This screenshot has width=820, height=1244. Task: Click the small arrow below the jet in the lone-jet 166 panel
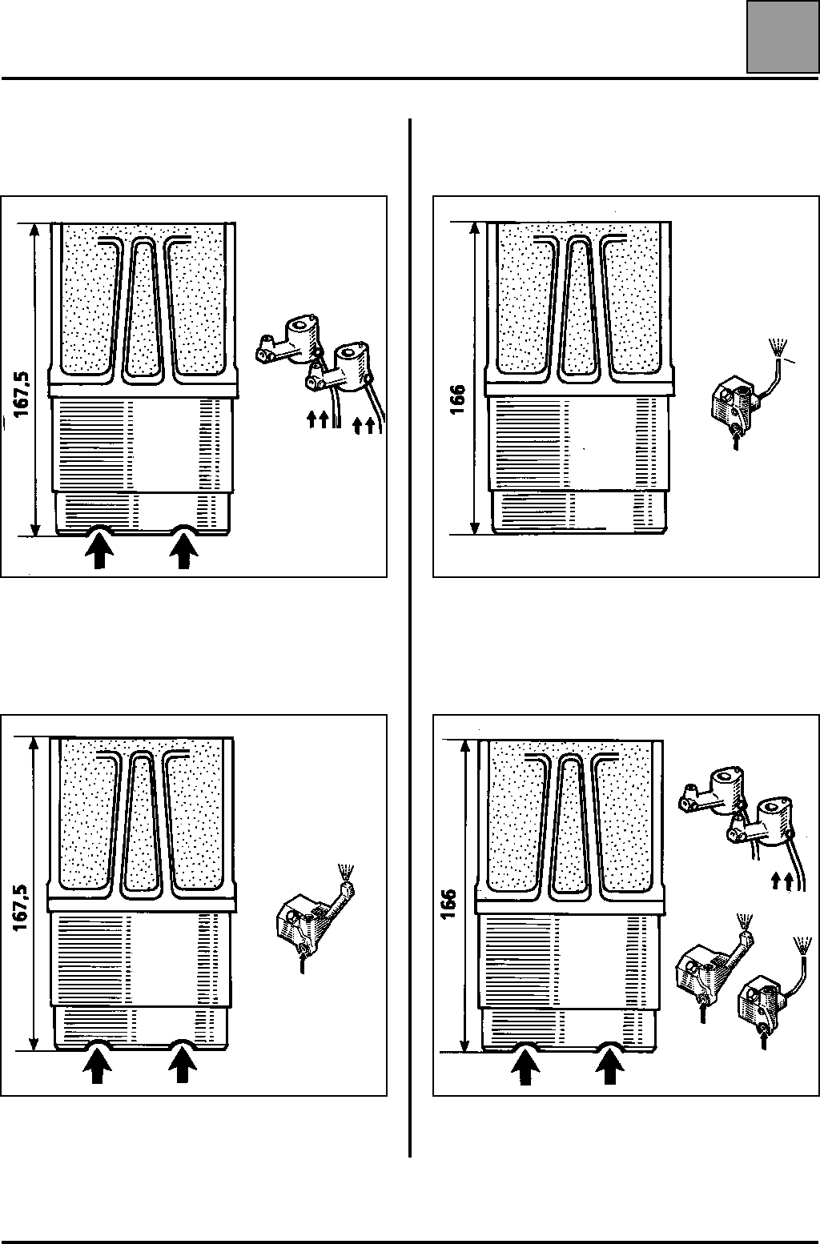pos(736,440)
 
